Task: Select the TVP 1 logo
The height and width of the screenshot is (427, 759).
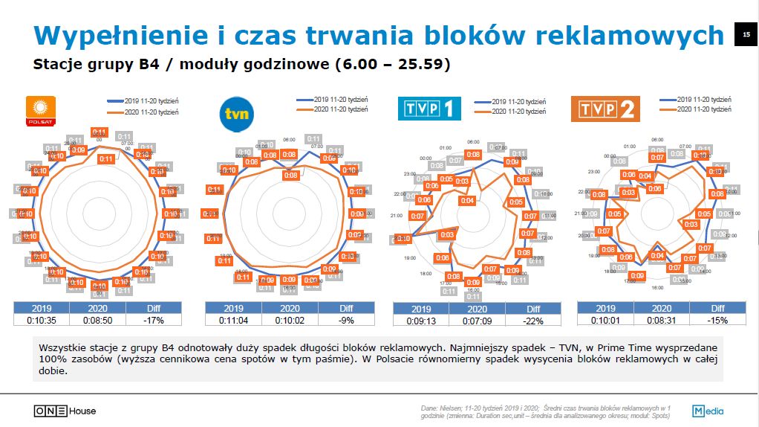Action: [x=429, y=109]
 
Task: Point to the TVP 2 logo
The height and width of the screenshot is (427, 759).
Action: [x=605, y=109]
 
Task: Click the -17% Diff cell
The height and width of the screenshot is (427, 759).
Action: [x=154, y=321]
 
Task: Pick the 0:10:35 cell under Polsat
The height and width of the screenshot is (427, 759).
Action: [x=42, y=321]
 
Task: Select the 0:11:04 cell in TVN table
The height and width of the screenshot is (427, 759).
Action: [x=233, y=321]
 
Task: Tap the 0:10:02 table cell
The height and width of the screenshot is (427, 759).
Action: [x=290, y=321]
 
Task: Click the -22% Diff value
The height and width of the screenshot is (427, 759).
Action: [x=532, y=321]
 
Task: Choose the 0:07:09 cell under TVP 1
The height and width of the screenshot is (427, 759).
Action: [x=477, y=321]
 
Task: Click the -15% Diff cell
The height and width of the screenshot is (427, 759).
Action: [x=717, y=321]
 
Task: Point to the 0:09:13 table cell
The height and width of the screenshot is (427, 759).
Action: [x=421, y=321]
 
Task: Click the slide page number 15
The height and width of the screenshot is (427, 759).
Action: [x=746, y=35]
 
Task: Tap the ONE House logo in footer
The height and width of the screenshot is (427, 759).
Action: [x=65, y=411]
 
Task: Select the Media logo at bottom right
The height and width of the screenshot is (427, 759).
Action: [x=708, y=411]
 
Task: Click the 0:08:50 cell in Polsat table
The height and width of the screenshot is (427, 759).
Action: [x=97, y=321]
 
